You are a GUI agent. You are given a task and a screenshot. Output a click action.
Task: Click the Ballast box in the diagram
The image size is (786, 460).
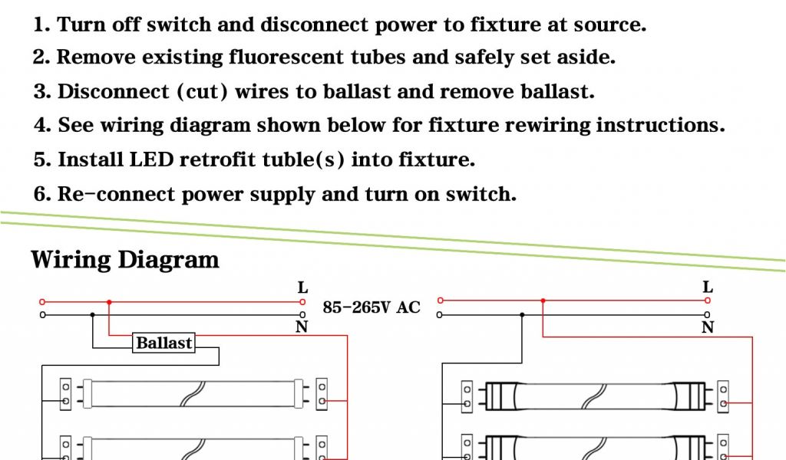tap(163, 343)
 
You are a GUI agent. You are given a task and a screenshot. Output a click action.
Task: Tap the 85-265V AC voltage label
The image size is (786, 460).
tap(372, 307)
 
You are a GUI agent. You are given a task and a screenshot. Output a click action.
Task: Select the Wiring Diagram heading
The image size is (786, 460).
tap(125, 259)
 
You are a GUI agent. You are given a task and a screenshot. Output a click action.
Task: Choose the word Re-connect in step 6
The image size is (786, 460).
tap(117, 194)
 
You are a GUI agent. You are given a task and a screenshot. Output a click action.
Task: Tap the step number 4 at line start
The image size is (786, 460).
tap(40, 125)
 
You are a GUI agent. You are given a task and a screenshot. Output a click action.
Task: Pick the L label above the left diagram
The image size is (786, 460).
tap(303, 288)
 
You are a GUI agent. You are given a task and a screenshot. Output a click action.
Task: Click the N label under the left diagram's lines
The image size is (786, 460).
tap(302, 327)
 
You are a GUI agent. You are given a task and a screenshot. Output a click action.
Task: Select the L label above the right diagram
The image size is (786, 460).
tap(708, 288)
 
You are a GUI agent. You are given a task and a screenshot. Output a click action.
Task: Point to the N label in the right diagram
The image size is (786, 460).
tap(708, 327)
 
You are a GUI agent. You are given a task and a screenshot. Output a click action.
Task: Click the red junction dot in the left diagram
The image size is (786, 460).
tap(109, 302)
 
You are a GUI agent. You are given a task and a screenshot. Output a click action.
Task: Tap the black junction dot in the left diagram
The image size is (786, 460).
tap(93, 314)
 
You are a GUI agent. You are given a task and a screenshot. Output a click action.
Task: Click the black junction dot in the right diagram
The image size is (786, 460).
tap(523, 314)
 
